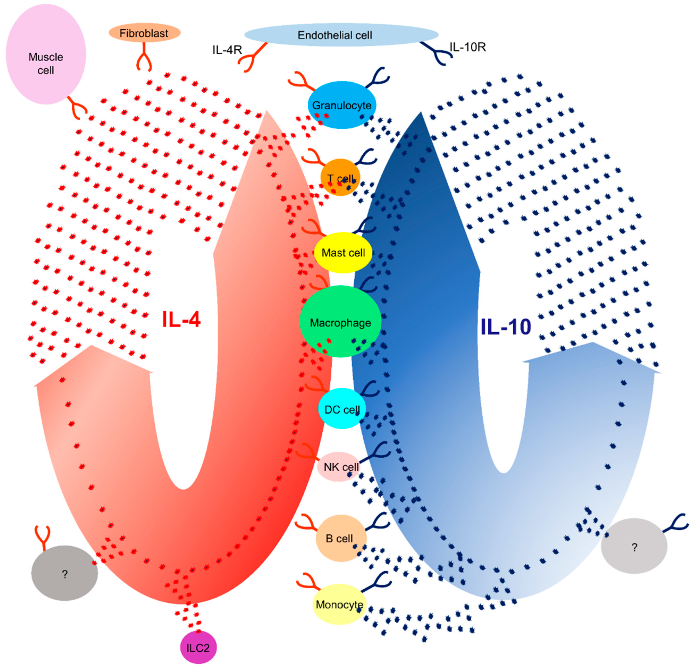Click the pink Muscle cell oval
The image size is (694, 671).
point(46,54)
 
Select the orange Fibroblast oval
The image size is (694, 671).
point(144,33)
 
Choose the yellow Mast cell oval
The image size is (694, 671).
point(343,252)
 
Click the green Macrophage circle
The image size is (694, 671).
point(340,321)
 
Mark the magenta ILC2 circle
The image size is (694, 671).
point(198,648)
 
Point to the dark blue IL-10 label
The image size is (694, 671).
point(506,326)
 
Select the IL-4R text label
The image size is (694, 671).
point(227,50)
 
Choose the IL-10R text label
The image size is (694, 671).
point(467,47)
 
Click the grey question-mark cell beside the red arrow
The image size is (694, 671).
point(64,573)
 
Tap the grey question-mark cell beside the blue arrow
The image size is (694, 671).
point(634,547)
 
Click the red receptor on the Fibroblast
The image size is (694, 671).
point(144,58)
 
